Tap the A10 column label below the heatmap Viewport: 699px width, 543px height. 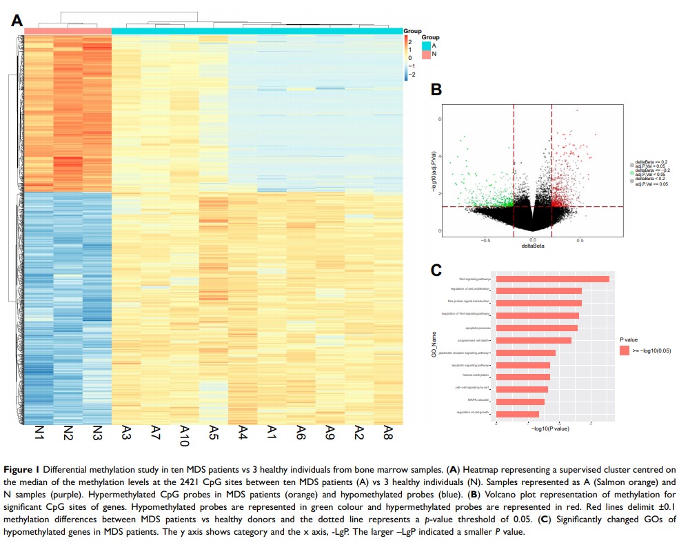tap(184, 436)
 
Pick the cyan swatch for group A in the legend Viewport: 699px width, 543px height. tap(426, 46)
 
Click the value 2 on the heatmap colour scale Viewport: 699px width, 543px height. tap(410, 41)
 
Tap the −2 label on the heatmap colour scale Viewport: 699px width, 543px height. tap(412, 74)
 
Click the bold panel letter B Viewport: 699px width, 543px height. tap(436, 89)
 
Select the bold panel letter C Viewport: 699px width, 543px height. tap(436, 269)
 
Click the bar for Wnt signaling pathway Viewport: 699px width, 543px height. tap(553, 279)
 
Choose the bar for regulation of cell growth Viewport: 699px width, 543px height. tap(518, 414)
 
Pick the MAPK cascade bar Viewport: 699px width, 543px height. tap(520, 402)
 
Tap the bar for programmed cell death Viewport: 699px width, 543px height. tap(534, 340)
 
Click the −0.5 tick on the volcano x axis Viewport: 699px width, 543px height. tap(485, 239)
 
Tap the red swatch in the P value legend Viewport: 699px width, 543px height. tap(625, 351)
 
